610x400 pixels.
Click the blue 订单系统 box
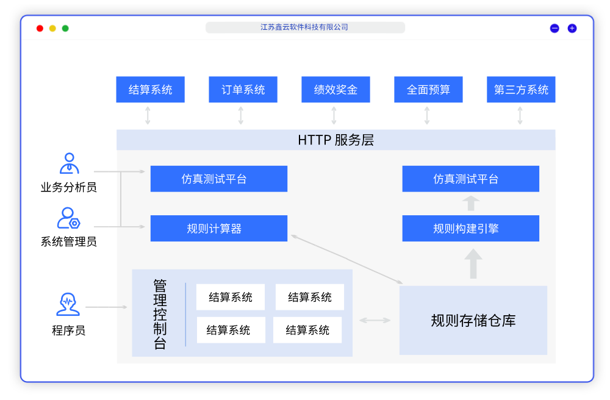(243, 90)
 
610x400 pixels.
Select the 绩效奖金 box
(335, 90)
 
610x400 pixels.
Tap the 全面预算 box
(428, 90)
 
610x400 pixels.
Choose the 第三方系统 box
(521, 90)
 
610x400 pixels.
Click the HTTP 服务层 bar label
(335, 140)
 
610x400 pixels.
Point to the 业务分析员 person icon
(69, 163)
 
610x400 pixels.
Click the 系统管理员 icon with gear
(68, 218)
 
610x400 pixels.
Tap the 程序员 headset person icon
(68, 304)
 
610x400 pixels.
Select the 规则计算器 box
(218, 229)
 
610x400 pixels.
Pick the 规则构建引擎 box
(470, 229)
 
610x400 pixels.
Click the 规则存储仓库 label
(473, 320)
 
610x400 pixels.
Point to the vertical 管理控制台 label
(160, 314)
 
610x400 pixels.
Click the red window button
(40, 28)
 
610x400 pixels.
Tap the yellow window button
(52, 28)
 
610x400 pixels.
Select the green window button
(65, 28)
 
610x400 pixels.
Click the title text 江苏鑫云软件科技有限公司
(304, 27)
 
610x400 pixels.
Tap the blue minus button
(554, 28)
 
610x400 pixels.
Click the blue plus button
(572, 28)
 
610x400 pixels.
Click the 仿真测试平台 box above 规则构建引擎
(470, 179)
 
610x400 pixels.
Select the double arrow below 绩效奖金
(334, 115)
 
